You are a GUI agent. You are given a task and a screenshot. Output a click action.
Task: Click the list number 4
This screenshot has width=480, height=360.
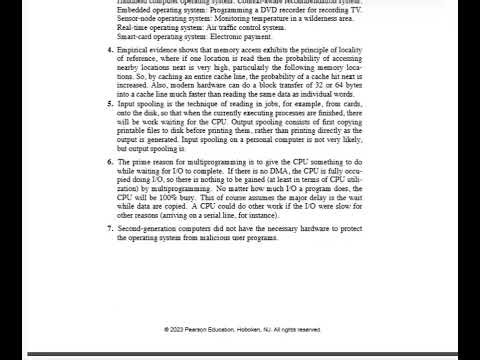click(x=108, y=49)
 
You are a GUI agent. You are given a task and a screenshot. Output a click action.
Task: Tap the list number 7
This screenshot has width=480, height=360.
click(x=108, y=229)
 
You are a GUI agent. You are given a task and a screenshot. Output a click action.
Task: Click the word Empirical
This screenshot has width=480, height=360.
click(x=135, y=49)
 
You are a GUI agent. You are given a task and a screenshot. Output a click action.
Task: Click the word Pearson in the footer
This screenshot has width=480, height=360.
click(x=200, y=329)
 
